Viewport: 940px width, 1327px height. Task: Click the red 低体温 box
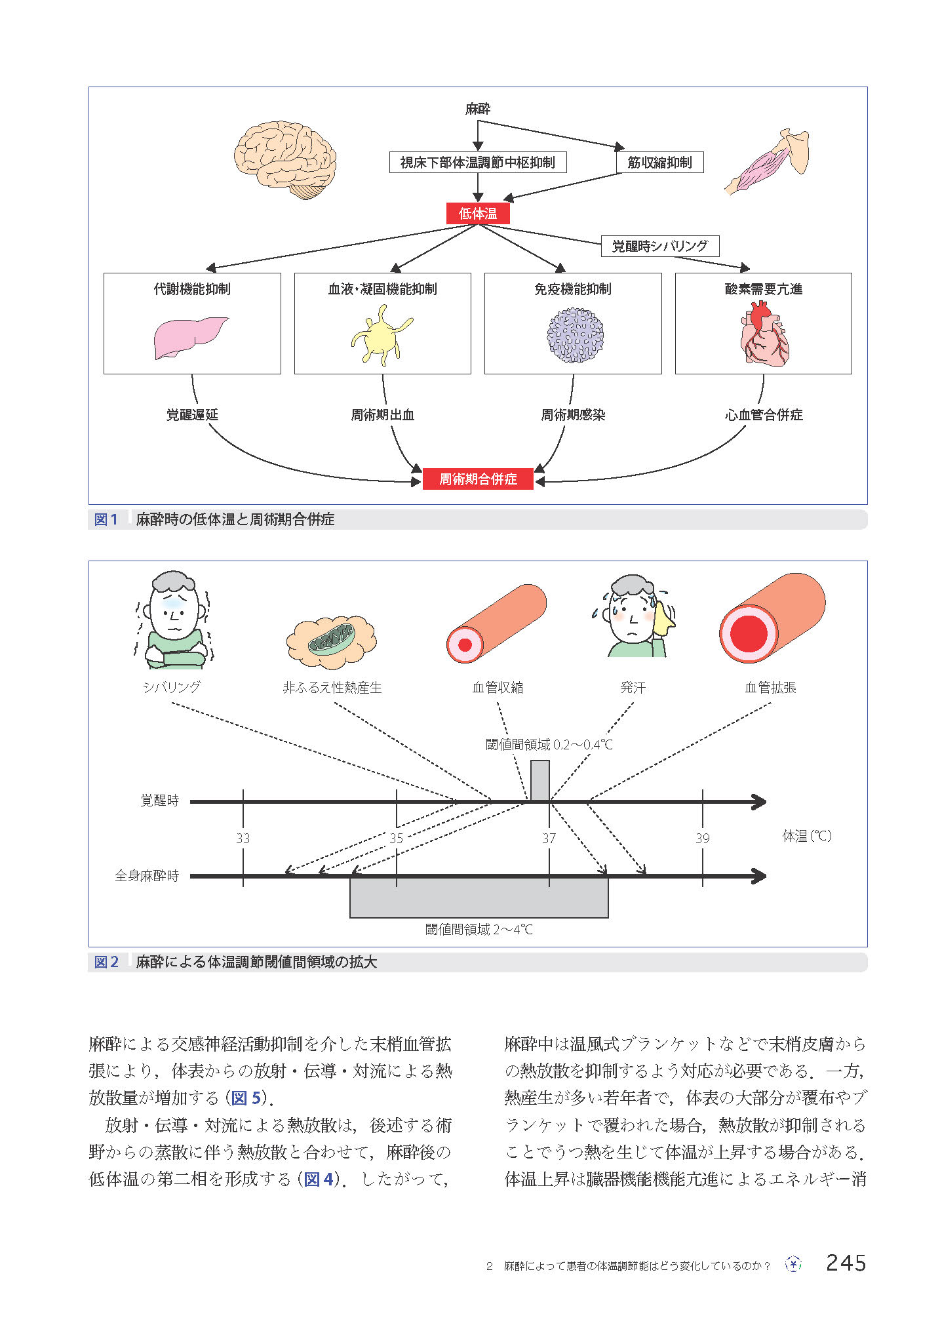477,214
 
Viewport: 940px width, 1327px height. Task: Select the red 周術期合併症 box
478,479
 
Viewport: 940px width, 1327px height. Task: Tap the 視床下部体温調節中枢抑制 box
477,163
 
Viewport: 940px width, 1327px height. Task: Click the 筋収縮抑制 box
659,163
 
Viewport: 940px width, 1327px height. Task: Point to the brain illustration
285,159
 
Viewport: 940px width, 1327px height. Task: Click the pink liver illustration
190,337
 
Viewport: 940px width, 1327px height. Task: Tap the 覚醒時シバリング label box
659,246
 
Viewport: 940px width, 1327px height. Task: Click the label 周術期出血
382,415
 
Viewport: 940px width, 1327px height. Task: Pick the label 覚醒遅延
191,415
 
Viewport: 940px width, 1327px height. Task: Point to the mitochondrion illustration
332,639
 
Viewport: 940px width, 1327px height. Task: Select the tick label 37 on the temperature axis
549,839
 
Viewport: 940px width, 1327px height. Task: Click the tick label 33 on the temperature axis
243,839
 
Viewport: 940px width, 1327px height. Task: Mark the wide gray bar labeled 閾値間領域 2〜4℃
479,898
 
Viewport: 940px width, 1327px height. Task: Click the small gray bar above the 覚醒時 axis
539,780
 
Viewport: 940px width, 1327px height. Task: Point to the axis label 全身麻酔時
147,877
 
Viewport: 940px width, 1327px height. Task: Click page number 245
846,1262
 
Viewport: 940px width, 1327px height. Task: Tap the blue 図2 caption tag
106,962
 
